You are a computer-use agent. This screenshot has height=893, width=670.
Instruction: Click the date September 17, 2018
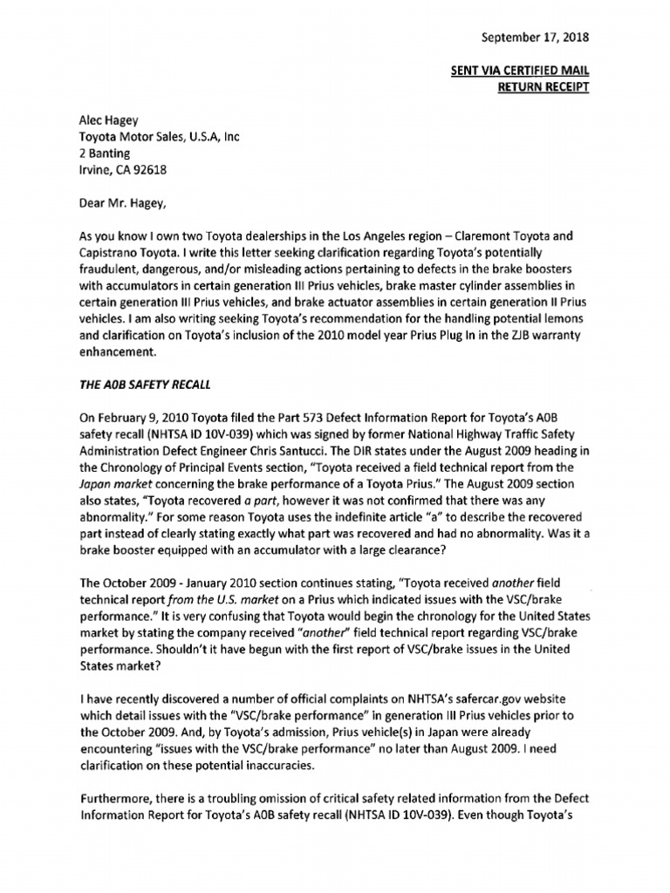tap(535, 37)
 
